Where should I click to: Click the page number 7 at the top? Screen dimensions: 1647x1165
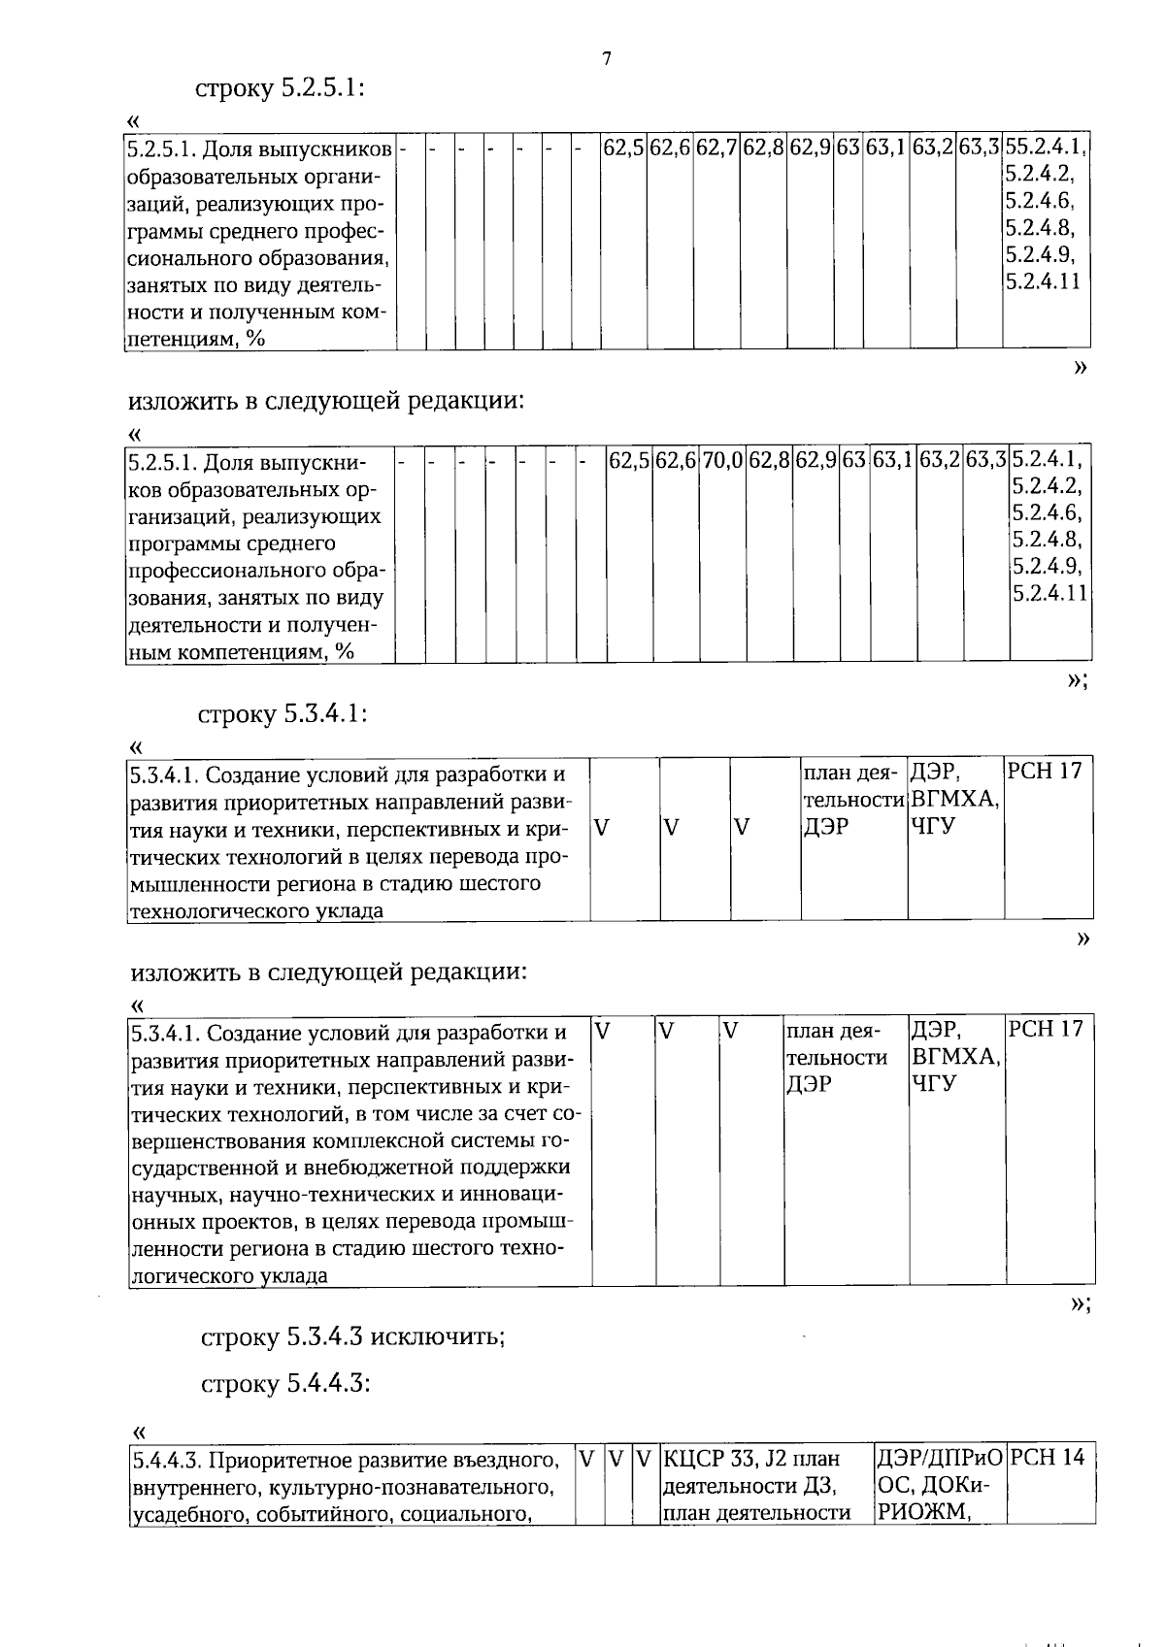607,59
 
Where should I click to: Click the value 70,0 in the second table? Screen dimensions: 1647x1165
722,460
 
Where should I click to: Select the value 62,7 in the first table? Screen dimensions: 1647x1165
717,148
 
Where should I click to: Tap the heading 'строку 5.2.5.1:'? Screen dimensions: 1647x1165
280,88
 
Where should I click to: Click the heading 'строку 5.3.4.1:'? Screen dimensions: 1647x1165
282,715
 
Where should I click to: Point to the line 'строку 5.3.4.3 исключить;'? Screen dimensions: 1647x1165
351,1337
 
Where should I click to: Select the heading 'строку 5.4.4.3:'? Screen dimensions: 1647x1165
285,1383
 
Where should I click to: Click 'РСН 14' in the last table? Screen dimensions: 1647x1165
1047,1457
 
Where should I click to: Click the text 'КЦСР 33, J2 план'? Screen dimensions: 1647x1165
751,1459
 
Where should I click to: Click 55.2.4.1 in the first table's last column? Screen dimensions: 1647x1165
1045,148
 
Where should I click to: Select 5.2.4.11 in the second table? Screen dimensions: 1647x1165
1049,592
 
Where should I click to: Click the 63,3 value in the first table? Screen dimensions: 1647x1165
980,148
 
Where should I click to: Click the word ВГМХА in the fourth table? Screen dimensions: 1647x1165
955,1057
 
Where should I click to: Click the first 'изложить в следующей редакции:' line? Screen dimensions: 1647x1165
326,400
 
